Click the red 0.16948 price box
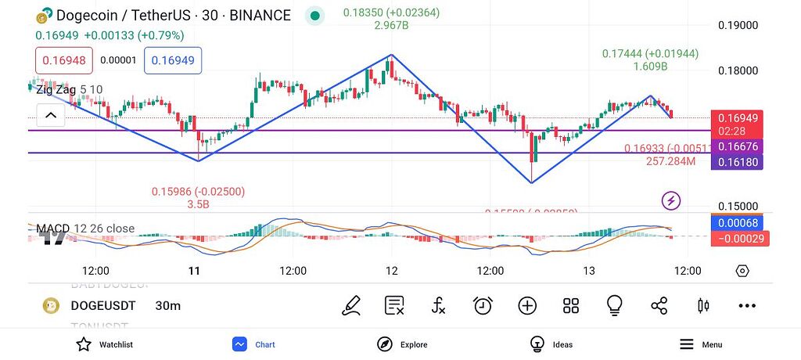[64, 60]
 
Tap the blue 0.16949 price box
[173, 60]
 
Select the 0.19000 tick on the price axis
[738, 25]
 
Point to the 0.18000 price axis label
[738, 70]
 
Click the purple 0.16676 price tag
[740, 146]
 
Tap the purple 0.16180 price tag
[740, 162]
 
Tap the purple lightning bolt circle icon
[671, 200]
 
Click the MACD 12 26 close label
[85, 229]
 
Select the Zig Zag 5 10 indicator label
[70, 89]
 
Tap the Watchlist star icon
[84, 344]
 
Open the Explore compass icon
[385, 344]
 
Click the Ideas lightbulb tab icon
[537, 344]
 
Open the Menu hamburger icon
[687, 344]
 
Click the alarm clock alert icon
[483, 306]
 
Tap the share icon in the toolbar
[659, 306]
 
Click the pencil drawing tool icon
[351, 306]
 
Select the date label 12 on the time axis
[392, 271]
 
